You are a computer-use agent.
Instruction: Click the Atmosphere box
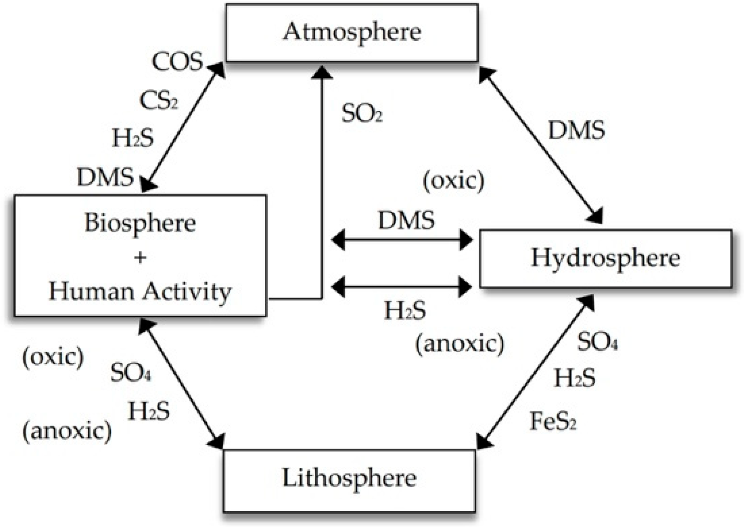tap(351, 32)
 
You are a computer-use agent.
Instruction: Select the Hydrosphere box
tap(605, 258)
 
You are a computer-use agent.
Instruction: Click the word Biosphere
tap(140, 223)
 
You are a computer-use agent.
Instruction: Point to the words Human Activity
tap(140, 292)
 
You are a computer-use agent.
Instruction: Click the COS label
tap(177, 62)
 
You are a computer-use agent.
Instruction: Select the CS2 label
tap(159, 101)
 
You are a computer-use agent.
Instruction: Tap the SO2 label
tap(362, 113)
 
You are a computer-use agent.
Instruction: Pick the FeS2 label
tap(553, 422)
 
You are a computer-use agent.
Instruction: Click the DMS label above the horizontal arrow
tap(406, 220)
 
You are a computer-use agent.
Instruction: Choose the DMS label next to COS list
tap(105, 177)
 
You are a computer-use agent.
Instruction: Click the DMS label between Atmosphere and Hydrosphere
tap(576, 130)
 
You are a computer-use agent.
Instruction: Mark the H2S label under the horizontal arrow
tap(405, 311)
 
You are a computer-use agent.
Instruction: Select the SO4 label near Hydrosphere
tap(597, 342)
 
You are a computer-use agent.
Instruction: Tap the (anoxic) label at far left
tap(67, 431)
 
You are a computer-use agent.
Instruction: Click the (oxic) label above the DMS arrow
tap(454, 181)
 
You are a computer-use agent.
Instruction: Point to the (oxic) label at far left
tap(53, 357)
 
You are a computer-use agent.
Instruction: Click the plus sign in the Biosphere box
tap(140, 258)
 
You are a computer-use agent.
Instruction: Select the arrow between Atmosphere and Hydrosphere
tap(540, 145)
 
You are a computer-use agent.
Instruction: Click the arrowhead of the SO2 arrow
tap(322, 73)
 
